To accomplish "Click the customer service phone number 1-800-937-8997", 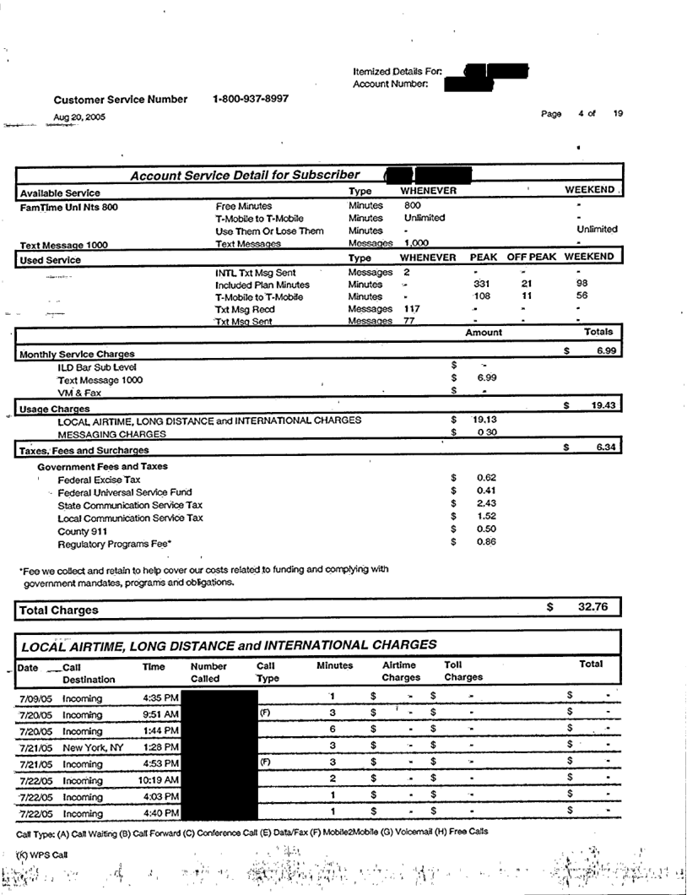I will [x=251, y=99].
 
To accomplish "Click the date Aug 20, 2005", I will [x=79, y=117].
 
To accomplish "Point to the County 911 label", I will [x=82, y=531].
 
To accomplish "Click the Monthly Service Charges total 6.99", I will [x=601, y=350].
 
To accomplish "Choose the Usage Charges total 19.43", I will [x=601, y=406].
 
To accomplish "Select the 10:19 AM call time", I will [x=158, y=778].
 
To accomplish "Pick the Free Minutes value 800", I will [x=412, y=204].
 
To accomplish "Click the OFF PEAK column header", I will [x=530, y=257].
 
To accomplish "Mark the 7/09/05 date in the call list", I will [x=35, y=699].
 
